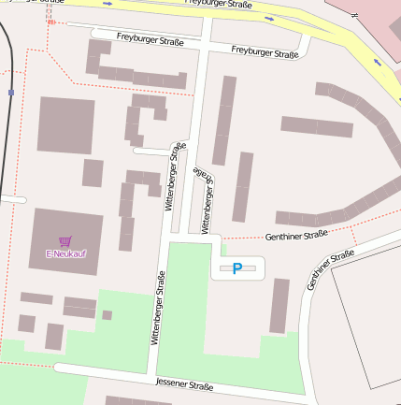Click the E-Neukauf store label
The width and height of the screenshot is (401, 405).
(65, 254)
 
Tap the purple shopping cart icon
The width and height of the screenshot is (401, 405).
(65, 241)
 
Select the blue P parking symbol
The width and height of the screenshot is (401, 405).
(237, 268)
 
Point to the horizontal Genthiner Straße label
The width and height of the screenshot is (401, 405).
(295, 235)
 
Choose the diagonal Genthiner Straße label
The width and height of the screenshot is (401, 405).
(331, 268)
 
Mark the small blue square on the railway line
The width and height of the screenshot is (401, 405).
(10, 93)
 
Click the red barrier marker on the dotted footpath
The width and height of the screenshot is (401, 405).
(51, 22)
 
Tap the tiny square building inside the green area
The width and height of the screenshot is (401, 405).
(107, 315)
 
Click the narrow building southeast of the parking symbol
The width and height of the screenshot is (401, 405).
(279, 305)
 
